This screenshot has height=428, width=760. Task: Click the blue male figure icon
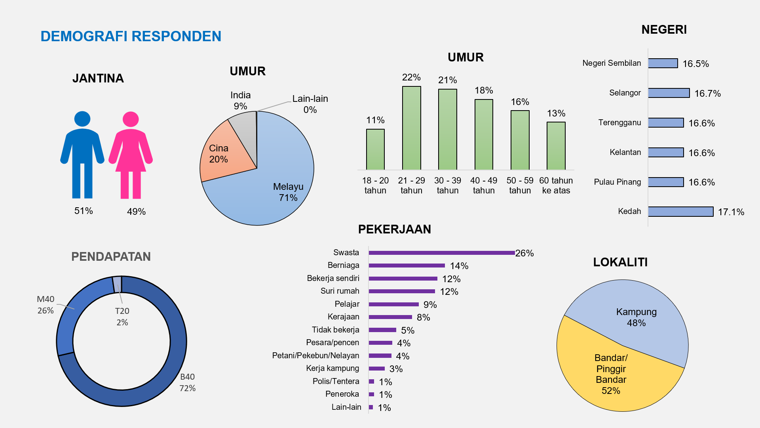click(x=82, y=155)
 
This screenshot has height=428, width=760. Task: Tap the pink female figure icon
click(x=131, y=155)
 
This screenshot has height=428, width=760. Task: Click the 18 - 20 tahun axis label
click(x=375, y=185)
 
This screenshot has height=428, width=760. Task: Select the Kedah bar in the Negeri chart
click(x=680, y=212)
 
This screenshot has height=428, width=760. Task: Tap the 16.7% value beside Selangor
click(x=707, y=94)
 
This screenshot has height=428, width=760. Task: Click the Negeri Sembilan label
click(x=612, y=63)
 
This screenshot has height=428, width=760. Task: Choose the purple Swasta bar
click(x=441, y=253)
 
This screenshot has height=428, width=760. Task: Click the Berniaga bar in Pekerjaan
click(x=407, y=266)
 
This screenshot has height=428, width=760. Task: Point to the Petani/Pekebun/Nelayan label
click(x=315, y=355)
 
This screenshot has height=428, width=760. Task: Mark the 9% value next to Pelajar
click(x=430, y=304)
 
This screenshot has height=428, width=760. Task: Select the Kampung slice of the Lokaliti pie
click(x=633, y=317)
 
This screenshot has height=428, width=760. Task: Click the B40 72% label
click(x=187, y=382)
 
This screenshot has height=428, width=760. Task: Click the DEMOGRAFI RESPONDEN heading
click(x=131, y=36)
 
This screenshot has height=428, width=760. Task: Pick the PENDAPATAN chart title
click(x=111, y=256)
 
